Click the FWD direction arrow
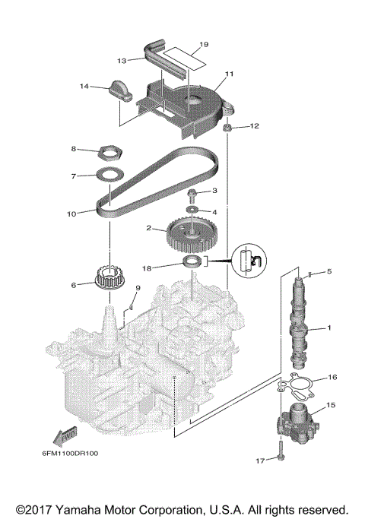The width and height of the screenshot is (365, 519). click(x=65, y=435)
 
